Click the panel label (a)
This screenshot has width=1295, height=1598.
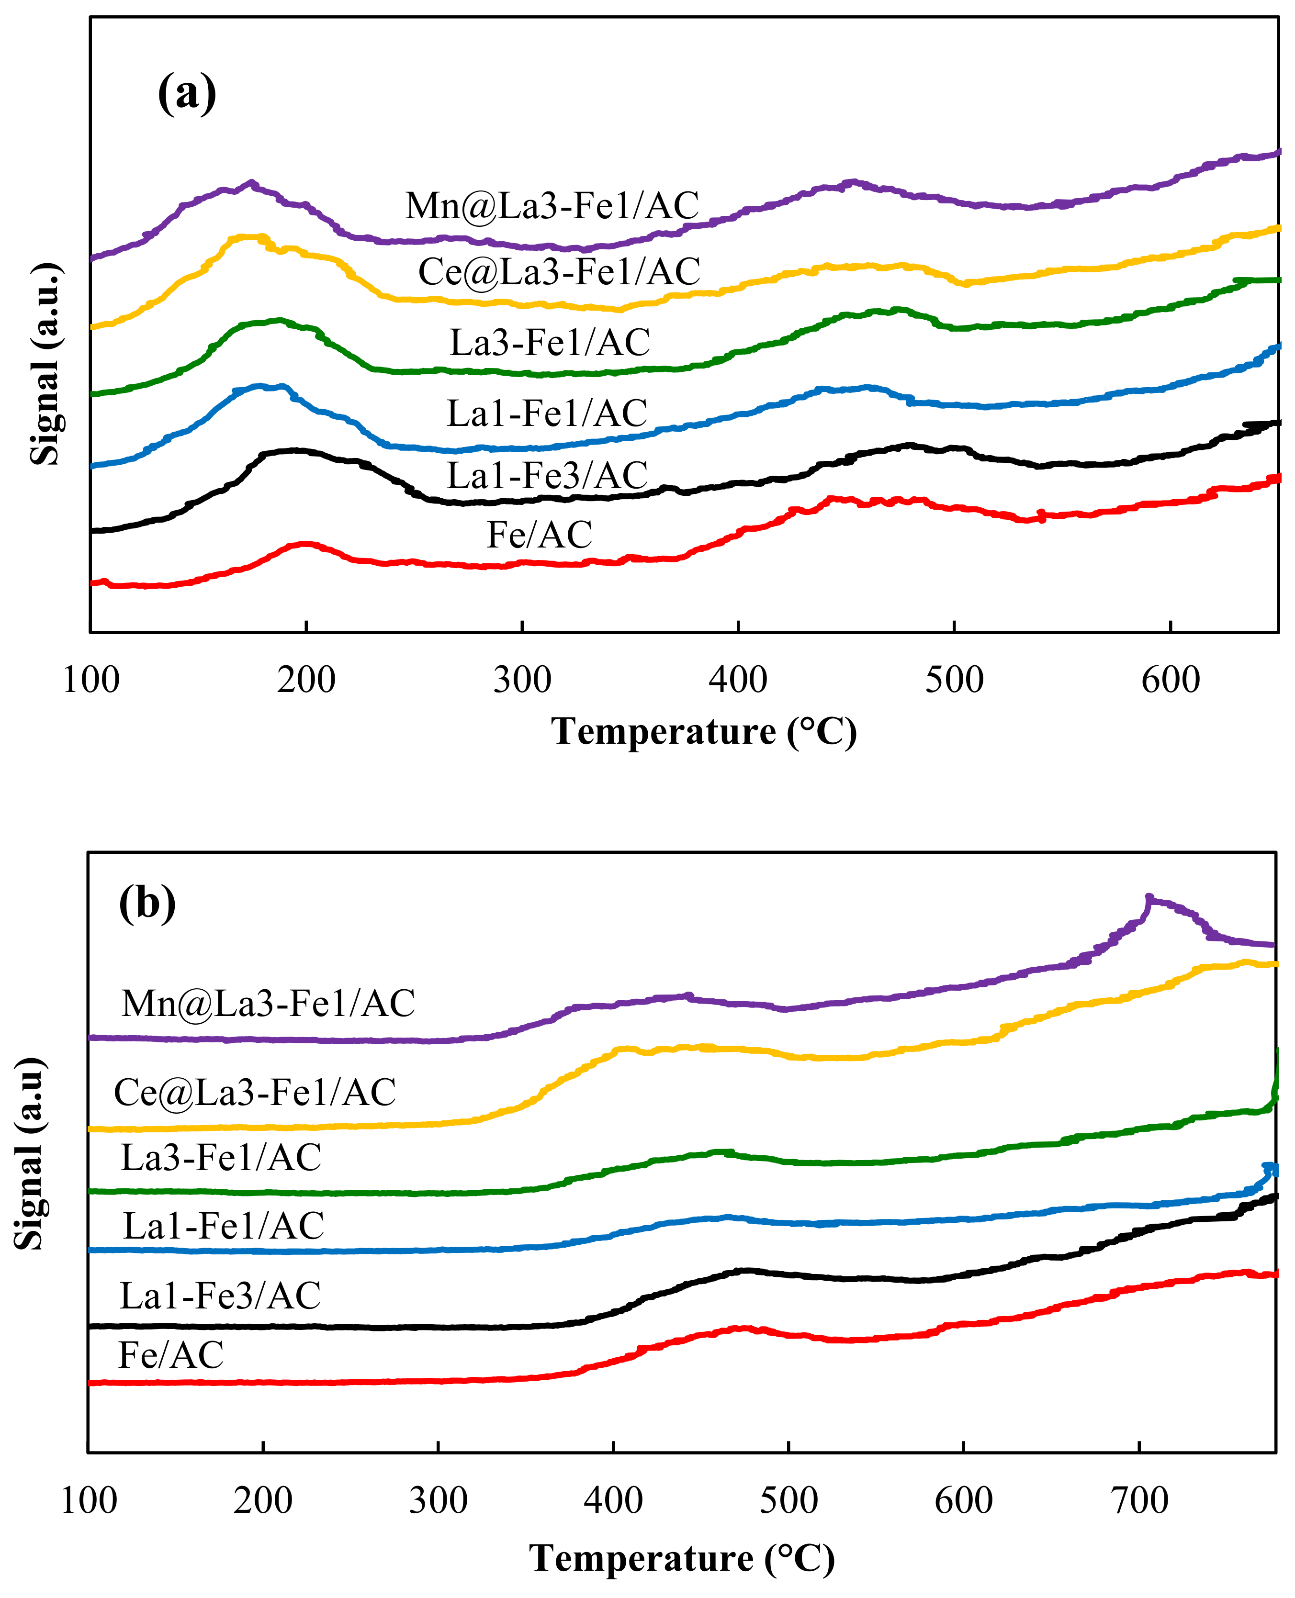click(187, 93)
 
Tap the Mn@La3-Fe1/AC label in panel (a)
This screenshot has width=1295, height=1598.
click(552, 206)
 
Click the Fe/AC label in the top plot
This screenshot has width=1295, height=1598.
click(540, 535)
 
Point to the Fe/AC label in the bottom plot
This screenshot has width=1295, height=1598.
click(171, 1355)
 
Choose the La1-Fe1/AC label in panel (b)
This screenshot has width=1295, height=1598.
click(223, 1226)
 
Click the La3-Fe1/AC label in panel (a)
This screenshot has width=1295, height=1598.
click(550, 342)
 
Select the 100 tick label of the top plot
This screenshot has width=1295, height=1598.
click(90, 680)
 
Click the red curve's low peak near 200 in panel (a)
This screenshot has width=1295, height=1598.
click(304, 544)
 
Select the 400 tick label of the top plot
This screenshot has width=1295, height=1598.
click(738, 680)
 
